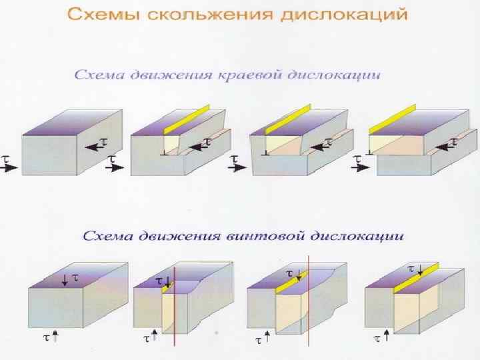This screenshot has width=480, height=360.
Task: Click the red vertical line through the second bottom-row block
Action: point(174,307)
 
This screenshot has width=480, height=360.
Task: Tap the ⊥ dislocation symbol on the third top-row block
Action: point(266,153)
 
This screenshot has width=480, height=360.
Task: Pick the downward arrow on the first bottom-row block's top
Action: point(64,279)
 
